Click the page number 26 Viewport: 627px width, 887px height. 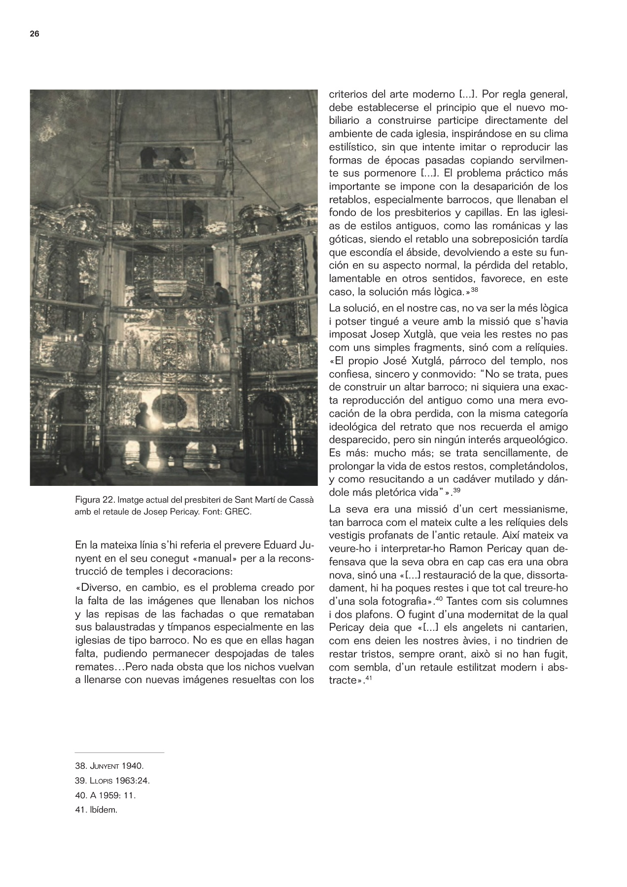(x=34, y=34)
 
